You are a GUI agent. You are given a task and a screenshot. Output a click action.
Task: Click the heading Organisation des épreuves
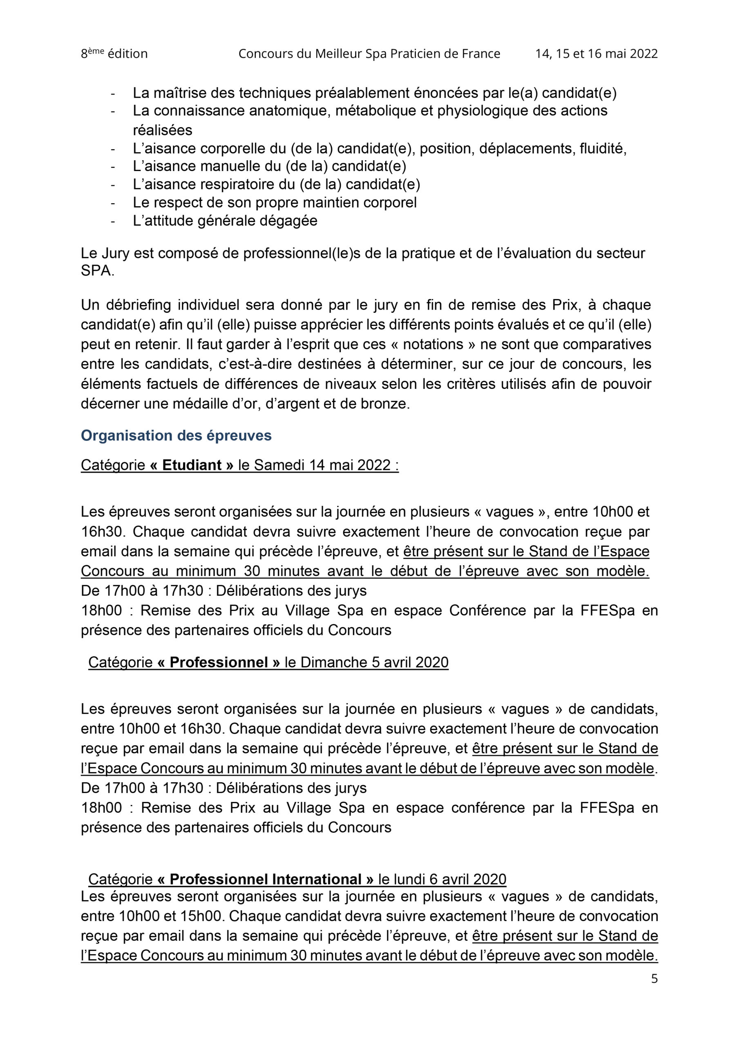176,436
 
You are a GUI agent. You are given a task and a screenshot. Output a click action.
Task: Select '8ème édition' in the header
114,54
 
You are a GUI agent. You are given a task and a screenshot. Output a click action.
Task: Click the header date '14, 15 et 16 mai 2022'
596,54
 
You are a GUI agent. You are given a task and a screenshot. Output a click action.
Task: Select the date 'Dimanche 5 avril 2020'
374,662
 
